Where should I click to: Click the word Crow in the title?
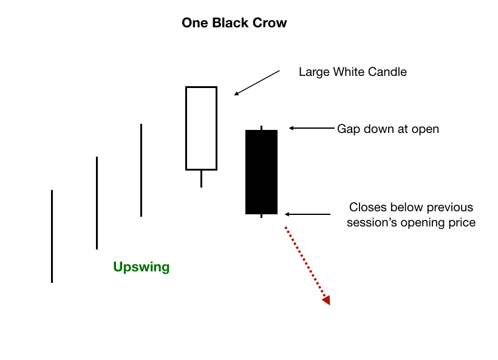click(x=270, y=23)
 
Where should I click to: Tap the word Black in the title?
click(x=230, y=23)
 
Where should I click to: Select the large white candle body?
click(x=202, y=128)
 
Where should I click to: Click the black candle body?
click(x=261, y=172)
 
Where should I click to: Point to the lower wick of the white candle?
click(x=202, y=179)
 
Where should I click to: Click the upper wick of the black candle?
click(x=261, y=128)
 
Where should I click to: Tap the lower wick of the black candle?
click(x=261, y=216)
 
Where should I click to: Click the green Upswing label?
click(x=142, y=267)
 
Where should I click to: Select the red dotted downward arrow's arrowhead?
click(x=327, y=300)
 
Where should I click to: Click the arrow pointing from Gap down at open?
click(x=312, y=128)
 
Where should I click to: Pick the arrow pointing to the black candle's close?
click(x=307, y=214)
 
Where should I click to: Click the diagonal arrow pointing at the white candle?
click(x=257, y=83)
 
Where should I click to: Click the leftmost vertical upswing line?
click(x=52, y=237)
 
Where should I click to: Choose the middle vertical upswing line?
click(x=97, y=203)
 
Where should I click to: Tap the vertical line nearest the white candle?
click(x=141, y=170)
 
